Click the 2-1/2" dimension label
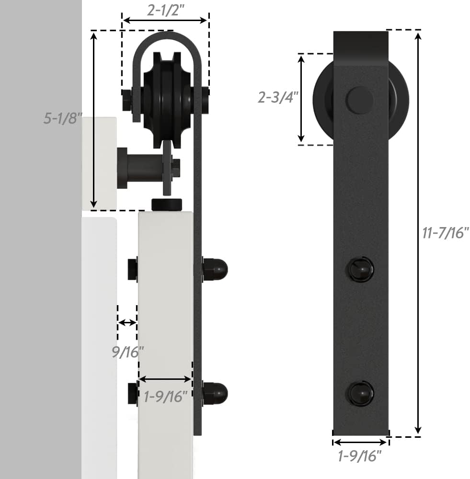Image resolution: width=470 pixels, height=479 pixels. (165, 11)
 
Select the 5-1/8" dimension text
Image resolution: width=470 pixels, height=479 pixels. (63, 119)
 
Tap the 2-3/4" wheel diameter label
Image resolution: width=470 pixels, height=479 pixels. (278, 97)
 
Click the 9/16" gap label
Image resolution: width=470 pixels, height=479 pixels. (127, 352)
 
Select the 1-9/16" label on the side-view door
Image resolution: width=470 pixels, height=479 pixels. (165, 397)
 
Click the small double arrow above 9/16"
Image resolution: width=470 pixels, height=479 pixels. (127, 322)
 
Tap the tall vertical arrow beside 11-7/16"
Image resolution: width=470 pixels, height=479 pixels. (418, 233)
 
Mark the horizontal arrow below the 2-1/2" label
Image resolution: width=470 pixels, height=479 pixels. (165, 21)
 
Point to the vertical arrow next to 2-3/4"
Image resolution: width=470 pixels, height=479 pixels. (301, 99)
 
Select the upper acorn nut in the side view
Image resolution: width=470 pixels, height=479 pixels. (215, 270)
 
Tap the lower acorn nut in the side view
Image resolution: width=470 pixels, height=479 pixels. (215, 393)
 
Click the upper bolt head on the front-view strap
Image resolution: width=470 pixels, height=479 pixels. (360, 270)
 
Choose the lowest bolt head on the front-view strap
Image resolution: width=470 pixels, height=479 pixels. (360, 393)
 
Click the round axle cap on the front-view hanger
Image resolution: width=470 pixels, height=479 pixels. (360, 100)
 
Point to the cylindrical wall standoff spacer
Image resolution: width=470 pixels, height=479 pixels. (141, 168)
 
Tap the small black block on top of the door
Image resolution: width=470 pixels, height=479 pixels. (167, 205)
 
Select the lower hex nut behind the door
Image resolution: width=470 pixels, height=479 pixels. (133, 393)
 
